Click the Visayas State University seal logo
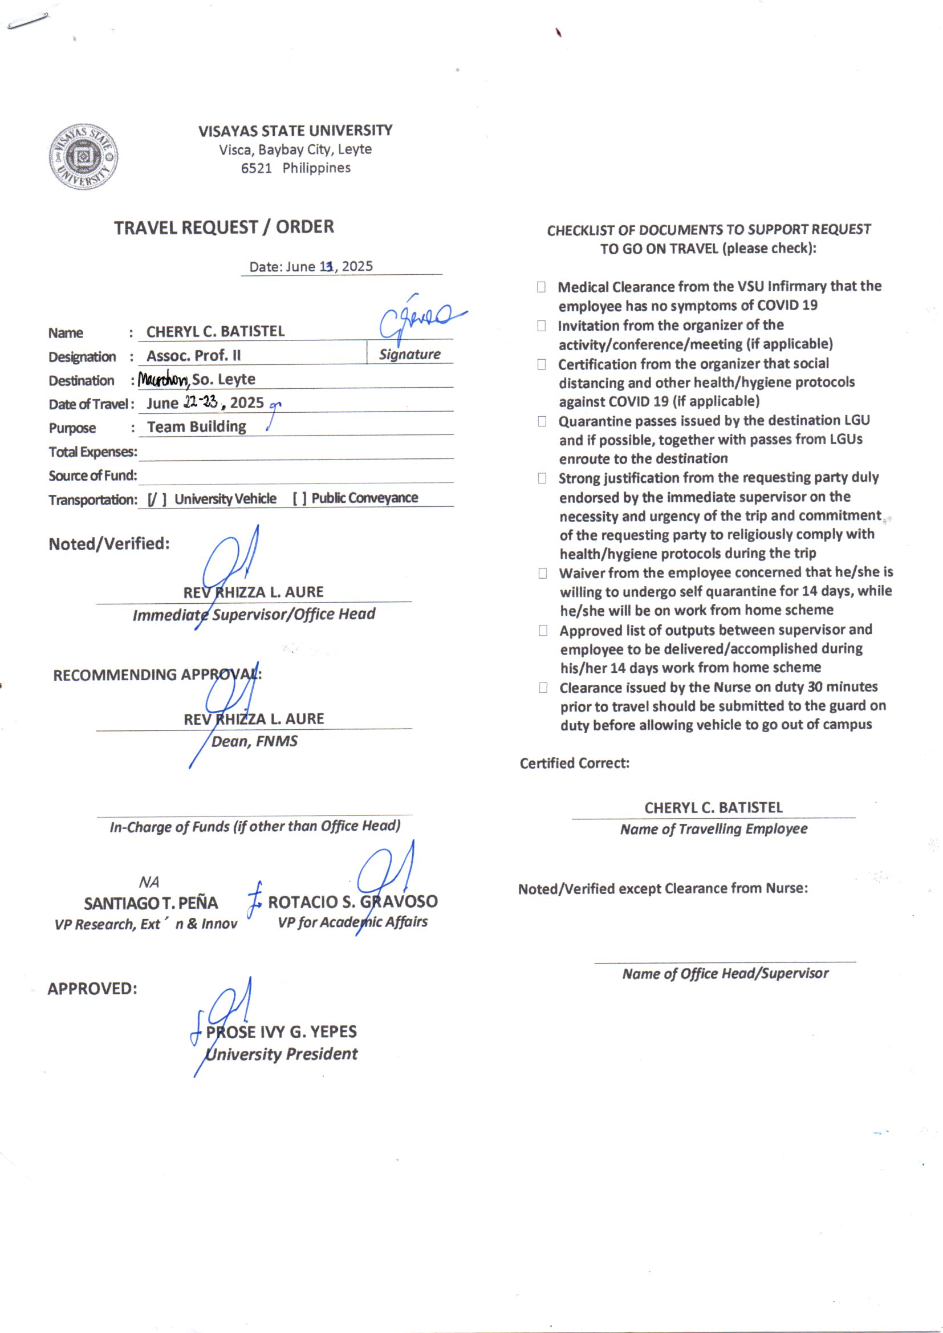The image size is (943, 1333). coord(84,156)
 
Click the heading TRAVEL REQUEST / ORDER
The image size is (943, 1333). coord(223,227)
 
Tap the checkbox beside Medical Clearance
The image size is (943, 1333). coord(541,287)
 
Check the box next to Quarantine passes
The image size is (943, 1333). coord(542,421)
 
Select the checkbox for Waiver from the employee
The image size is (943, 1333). coord(542,574)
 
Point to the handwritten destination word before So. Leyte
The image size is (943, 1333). coord(163,380)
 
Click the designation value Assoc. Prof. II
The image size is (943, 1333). coord(193,355)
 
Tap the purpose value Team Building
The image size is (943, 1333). coord(196,426)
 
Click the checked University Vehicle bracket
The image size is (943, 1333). coord(157,499)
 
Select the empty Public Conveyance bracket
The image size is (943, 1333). coord(300,498)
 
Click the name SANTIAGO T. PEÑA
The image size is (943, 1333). coord(151,903)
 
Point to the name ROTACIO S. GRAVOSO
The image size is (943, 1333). coord(352,901)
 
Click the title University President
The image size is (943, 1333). coord(282,1054)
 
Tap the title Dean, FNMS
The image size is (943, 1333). coord(254,741)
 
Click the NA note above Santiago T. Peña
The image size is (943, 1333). coord(149,883)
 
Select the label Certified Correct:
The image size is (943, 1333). coord(574,763)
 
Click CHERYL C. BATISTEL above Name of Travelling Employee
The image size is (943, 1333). coord(713,807)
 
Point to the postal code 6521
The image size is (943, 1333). coord(256,168)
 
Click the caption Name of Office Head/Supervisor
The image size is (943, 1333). coord(725,974)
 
